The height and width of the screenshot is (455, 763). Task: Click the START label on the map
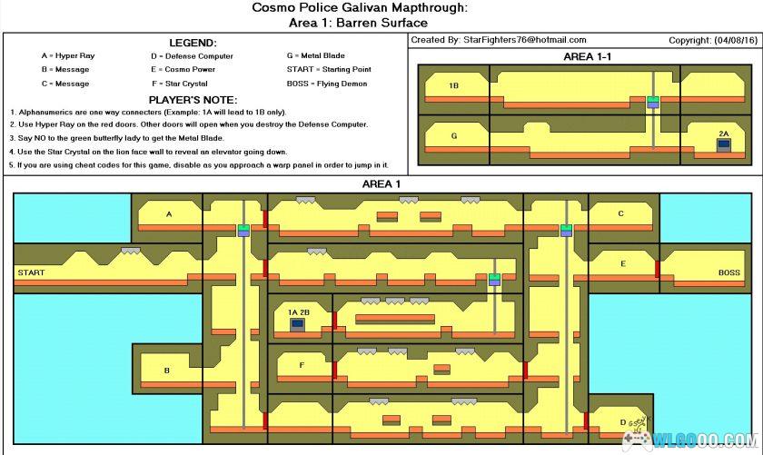31,272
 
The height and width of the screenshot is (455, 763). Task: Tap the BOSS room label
729,272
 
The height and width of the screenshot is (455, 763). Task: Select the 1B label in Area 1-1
453,86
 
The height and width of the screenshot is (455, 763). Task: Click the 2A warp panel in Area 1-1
723,144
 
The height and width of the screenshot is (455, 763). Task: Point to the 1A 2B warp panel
298,323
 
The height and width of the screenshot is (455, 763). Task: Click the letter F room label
302,365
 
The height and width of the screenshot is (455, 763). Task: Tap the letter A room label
169,214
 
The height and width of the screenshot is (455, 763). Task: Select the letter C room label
621,214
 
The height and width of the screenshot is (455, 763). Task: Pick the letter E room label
623,264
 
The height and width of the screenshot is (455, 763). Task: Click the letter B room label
167,370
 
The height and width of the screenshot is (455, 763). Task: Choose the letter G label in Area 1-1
453,135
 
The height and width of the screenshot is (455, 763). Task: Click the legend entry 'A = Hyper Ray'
67,56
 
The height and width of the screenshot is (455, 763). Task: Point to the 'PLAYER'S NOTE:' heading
193,99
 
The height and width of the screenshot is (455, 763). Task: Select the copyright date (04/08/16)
728,40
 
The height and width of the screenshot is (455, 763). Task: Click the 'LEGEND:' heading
193,43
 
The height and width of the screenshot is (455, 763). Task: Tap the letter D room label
622,421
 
